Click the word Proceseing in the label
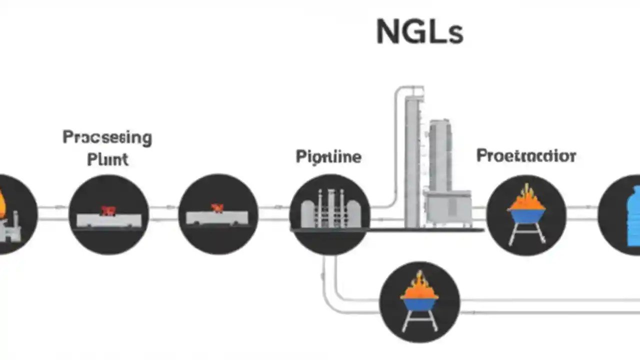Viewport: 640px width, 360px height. click(x=107, y=137)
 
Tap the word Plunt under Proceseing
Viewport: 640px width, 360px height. click(x=107, y=159)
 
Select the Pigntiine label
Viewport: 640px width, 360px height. click(x=328, y=156)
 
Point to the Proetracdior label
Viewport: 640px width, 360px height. click(x=526, y=155)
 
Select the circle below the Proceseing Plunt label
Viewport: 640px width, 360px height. click(x=108, y=214)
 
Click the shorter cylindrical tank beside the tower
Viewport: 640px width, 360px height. click(x=440, y=155)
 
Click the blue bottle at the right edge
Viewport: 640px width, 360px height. click(x=633, y=215)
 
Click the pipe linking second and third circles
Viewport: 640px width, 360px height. click(x=163, y=213)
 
